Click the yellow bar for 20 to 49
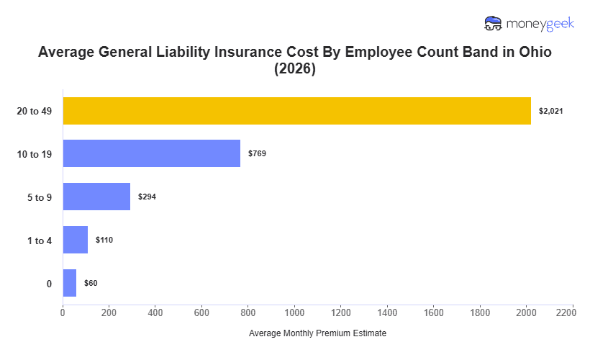(296, 111)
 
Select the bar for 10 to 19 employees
(151, 153)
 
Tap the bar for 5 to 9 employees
(96, 197)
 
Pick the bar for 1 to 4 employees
(75, 240)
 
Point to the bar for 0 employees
(69, 283)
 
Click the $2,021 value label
(550, 111)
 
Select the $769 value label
(257, 153)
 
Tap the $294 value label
(147, 197)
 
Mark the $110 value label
(104, 240)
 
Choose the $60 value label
(91, 283)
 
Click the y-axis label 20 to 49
(35, 111)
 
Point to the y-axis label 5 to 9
(40, 197)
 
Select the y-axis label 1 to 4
(40, 240)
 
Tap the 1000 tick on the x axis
(294, 313)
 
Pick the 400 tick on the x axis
(155, 313)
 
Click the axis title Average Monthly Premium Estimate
(317, 334)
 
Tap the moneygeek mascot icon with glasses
(494, 24)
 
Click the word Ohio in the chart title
(531, 53)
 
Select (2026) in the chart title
(295, 70)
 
